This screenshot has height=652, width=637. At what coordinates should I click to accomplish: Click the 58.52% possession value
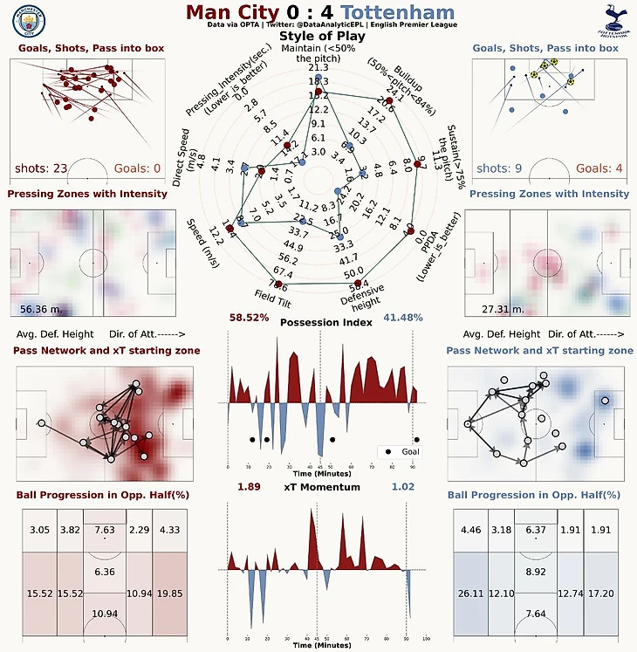[x=249, y=319]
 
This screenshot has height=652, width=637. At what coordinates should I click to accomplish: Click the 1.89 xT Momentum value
[x=250, y=487]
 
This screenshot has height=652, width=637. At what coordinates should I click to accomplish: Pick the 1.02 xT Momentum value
[x=403, y=487]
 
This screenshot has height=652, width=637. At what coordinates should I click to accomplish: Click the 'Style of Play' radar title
[x=318, y=37]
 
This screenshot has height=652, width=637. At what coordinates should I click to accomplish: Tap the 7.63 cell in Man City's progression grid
[x=105, y=530]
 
